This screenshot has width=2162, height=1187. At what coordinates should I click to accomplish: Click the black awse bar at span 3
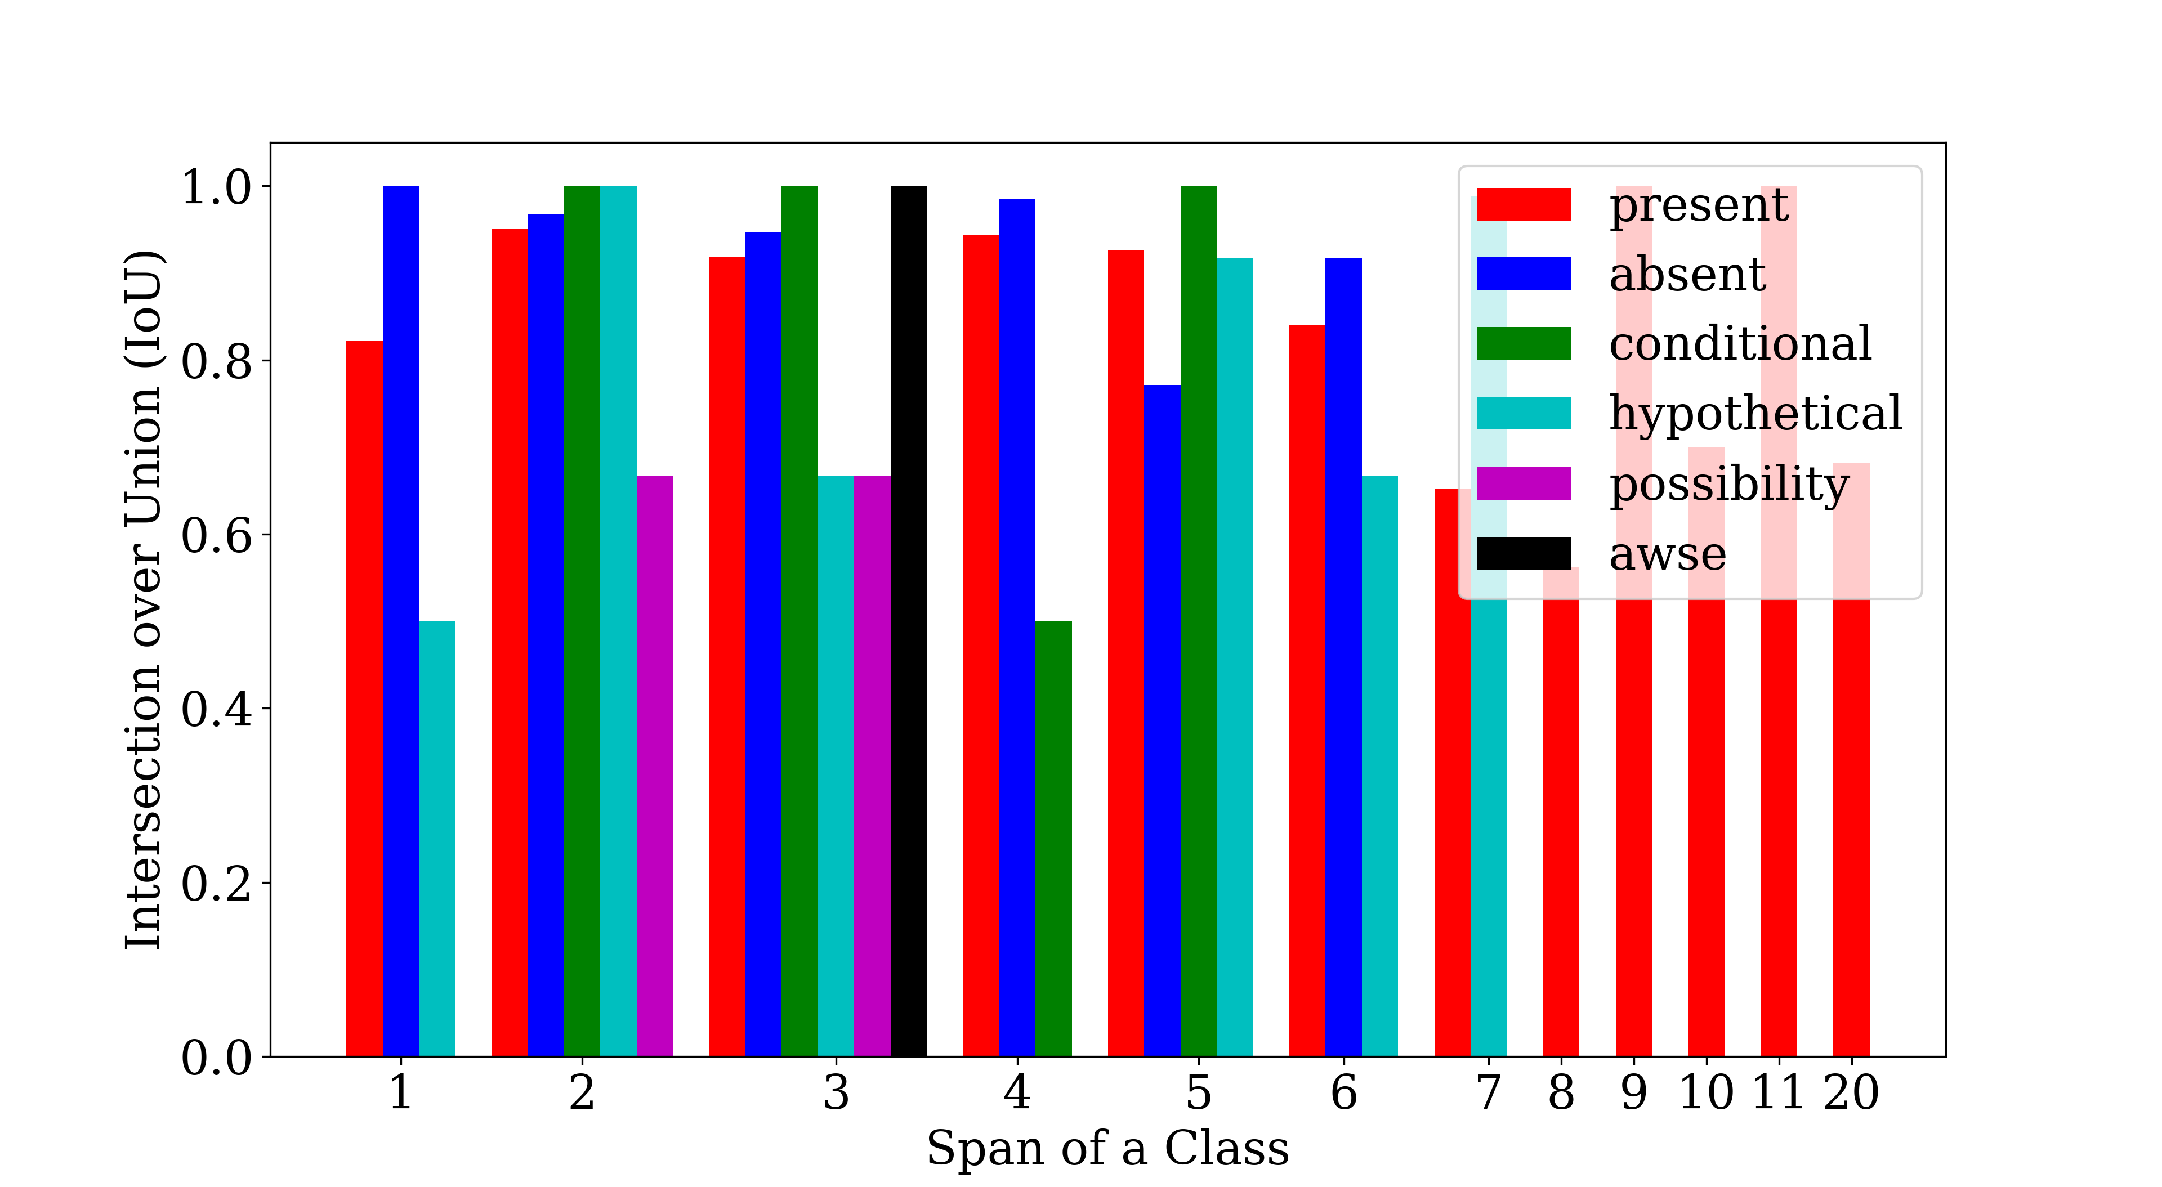[x=908, y=621]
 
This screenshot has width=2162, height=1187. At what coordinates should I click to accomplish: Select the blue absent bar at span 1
[x=400, y=621]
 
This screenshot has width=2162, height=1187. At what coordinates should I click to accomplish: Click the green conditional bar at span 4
[x=1053, y=839]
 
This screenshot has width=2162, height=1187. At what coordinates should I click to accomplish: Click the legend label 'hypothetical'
[x=1755, y=414]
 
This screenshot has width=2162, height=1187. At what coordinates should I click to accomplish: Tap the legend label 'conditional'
[x=1740, y=344]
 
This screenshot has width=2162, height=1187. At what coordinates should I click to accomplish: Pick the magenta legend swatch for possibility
[x=1524, y=483]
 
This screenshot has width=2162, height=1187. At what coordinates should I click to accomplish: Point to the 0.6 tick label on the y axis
[x=217, y=536]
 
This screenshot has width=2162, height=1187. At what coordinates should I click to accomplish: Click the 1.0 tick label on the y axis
[x=217, y=187]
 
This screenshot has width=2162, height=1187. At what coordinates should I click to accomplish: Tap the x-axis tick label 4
[x=1017, y=1093]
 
